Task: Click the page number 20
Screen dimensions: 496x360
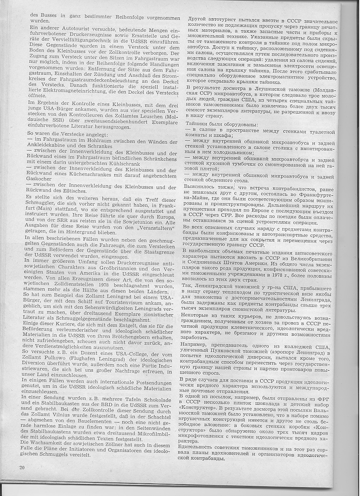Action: click(22, 467)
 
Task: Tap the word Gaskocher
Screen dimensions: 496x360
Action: click(41, 179)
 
